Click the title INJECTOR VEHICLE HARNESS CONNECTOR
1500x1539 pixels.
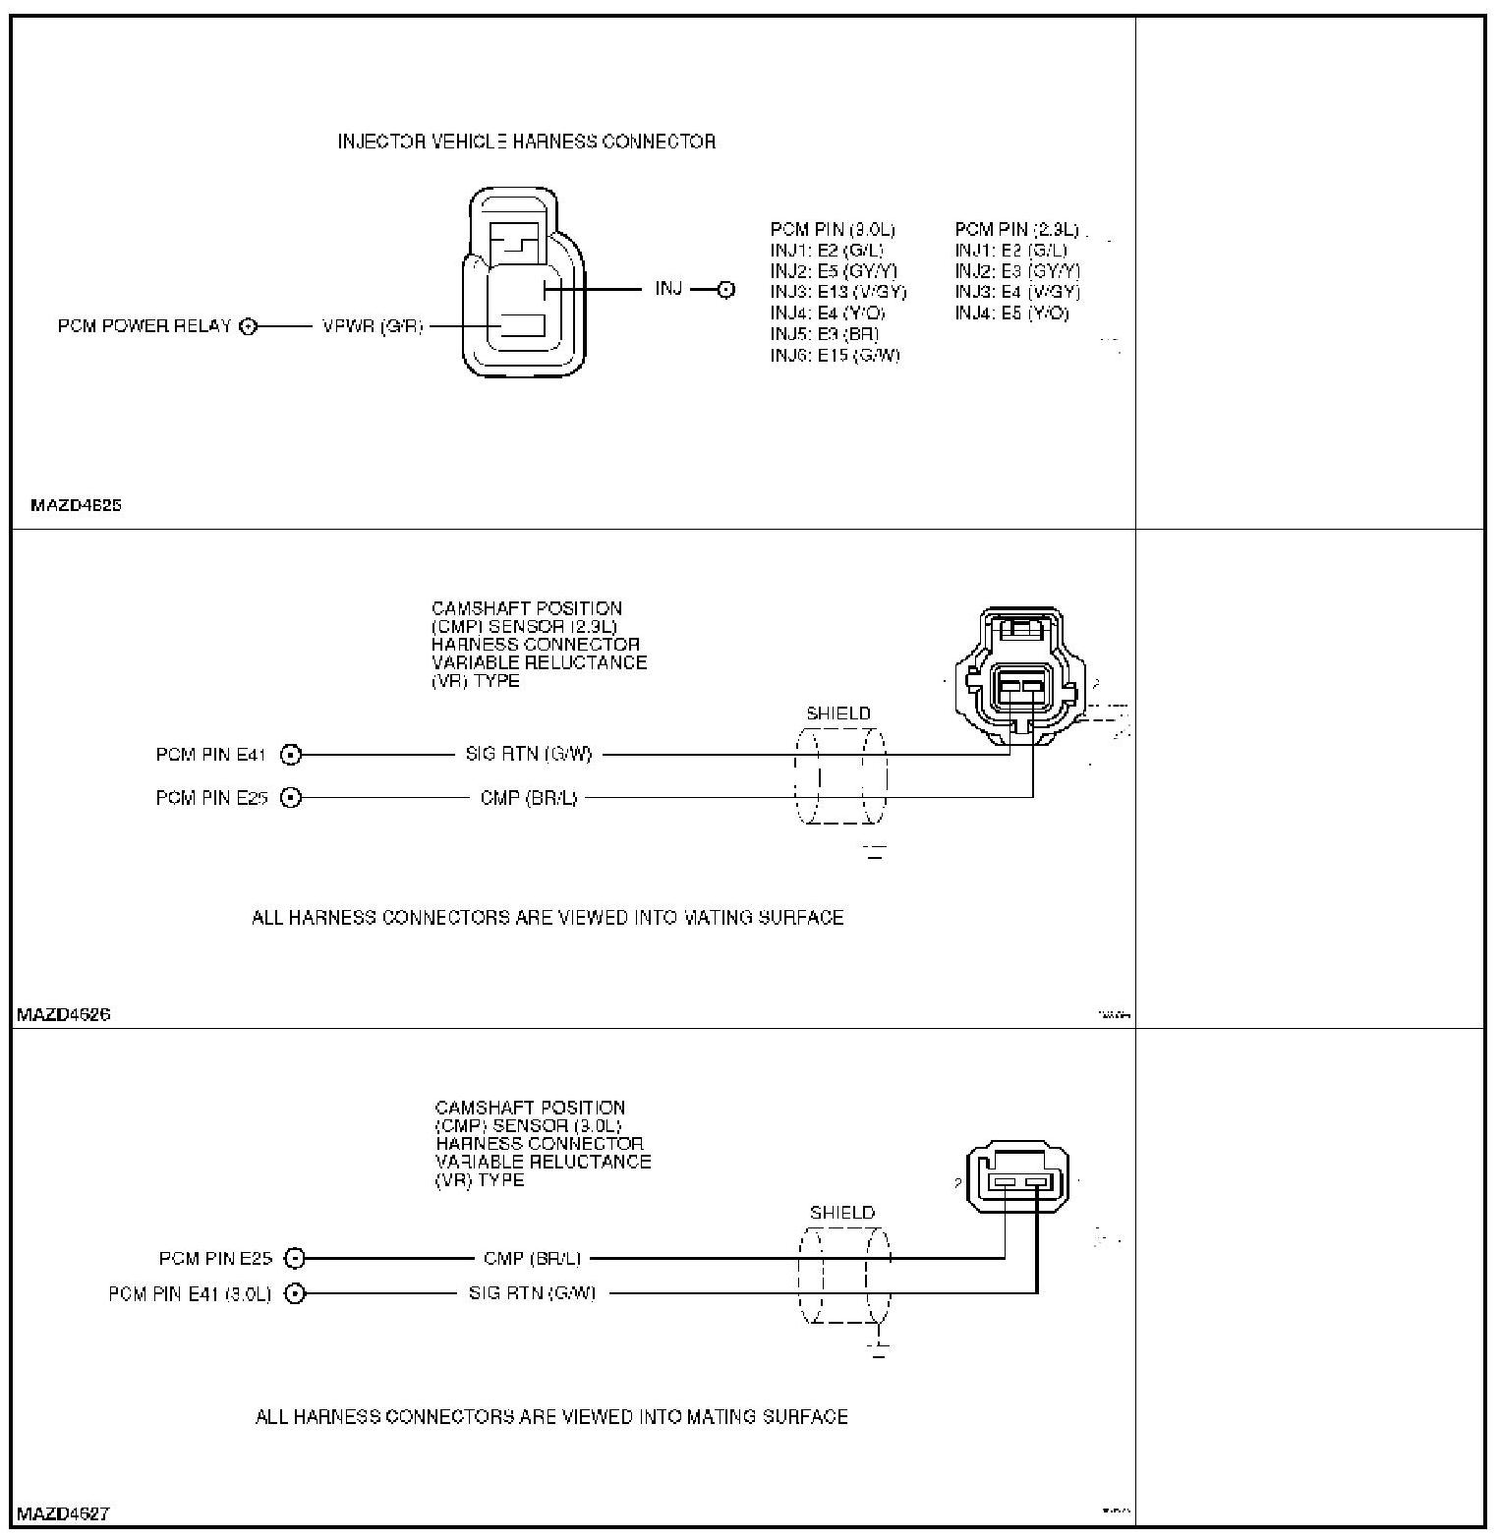pyautogui.click(x=526, y=142)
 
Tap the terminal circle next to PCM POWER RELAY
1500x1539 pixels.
pyautogui.click(x=248, y=326)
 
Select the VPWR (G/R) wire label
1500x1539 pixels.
pyautogui.click(x=373, y=326)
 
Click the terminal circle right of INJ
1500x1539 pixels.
pyautogui.click(x=725, y=290)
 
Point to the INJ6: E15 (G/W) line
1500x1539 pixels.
pyautogui.click(x=835, y=355)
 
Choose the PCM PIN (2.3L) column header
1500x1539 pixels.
pyautogui.click(x=1016, y=230)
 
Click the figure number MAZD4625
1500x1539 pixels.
pyautogui.click(x=76, y=506)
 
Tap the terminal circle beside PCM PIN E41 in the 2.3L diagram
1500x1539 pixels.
pyautogui.click(x=291, y=755)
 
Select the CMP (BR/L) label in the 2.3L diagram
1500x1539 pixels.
pyautogui.click(x=529, y=798)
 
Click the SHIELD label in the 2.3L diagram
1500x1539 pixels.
pyautogui.click(x=838, y=713)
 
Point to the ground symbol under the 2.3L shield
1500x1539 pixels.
pyautogui.click(x=875, y=851)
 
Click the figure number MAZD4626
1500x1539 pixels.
pyautogui.click(x=63, y=1014)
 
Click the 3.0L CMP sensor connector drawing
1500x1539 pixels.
pyautogui.click(x=1017, y=1178)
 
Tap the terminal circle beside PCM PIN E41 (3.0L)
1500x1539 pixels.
pyautogui.click(x=295, y=1293)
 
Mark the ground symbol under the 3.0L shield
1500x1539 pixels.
pyautogui.click(x=879, y=1350)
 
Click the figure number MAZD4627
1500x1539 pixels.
pyautogui.click(x=63, y=1513)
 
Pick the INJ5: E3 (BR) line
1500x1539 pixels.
pyautogui.click(x=824, y=334)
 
